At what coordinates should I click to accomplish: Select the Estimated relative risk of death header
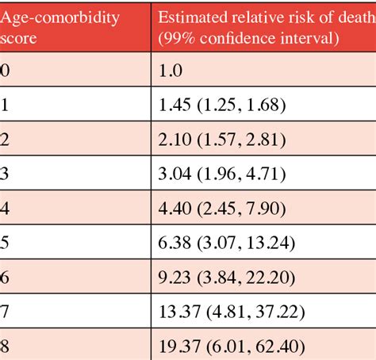263,27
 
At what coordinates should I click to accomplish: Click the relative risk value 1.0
171,70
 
